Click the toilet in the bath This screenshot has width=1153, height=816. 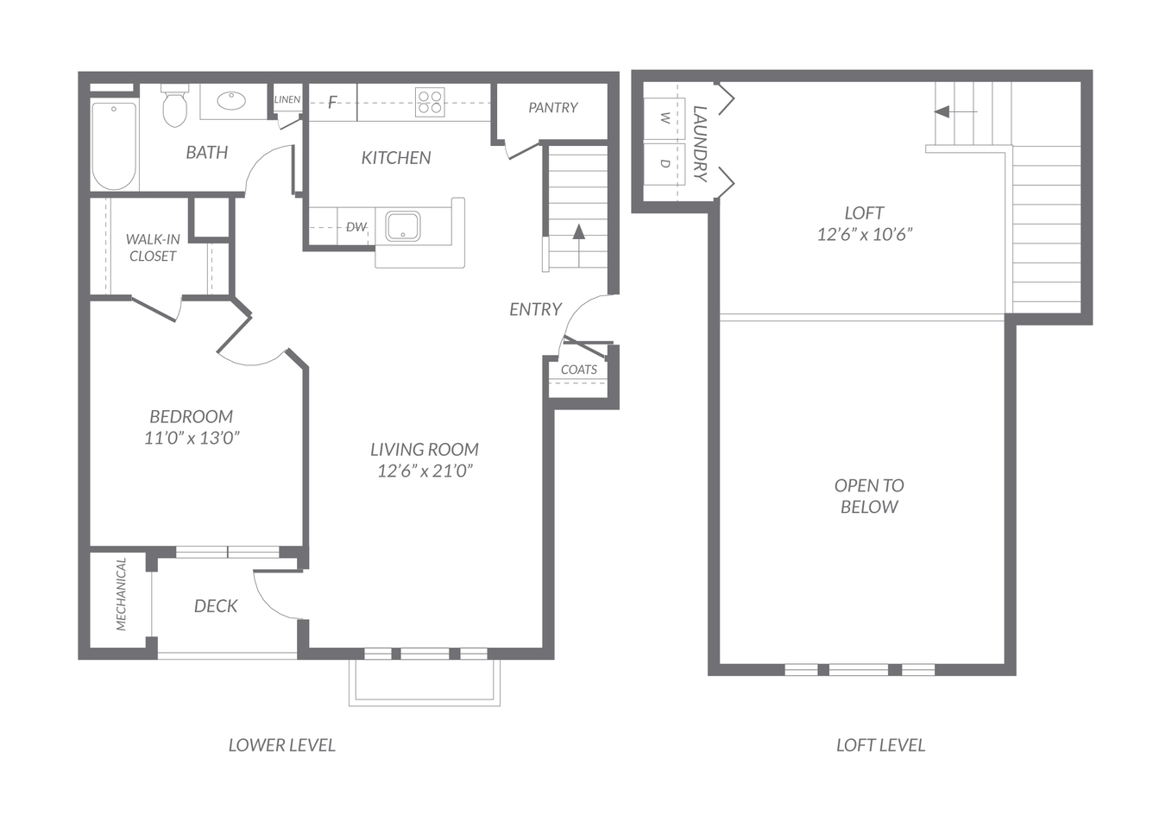174,106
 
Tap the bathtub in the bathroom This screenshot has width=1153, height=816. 114,145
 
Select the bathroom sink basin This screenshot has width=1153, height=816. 231,101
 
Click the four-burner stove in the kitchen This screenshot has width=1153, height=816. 430,102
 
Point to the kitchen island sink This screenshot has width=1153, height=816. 403,225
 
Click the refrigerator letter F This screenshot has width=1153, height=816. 332,103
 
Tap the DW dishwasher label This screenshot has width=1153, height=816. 356,226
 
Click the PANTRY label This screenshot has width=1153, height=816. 553,108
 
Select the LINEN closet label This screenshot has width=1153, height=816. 287,99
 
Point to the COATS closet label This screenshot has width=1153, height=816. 579,370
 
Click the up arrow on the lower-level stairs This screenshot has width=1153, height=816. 579,245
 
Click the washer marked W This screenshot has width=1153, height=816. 665,118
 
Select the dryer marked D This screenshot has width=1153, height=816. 665,163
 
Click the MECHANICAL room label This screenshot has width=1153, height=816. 121,594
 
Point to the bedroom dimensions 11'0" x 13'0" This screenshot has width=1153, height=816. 192,438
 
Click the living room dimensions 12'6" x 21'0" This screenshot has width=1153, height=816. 425,471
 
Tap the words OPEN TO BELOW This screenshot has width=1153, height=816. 869,497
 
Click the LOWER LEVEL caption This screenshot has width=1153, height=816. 282,745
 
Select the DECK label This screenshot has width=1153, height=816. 216,606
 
